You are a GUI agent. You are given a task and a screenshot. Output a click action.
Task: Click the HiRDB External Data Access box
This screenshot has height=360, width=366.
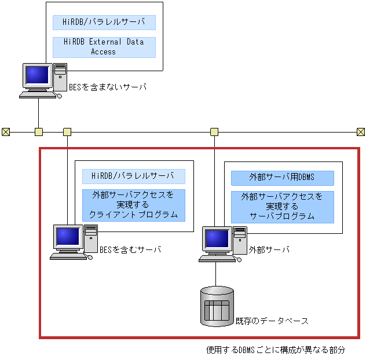point(104,47)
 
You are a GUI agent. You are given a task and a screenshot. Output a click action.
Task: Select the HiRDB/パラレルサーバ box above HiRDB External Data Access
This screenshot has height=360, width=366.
point(104,23)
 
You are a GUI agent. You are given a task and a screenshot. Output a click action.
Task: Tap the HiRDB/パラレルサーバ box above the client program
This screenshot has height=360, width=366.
point(133,176)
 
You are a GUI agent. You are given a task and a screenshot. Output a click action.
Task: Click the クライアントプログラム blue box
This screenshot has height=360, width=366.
point(133,205)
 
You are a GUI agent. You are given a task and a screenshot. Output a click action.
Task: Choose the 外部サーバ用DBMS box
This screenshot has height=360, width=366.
point(282,178)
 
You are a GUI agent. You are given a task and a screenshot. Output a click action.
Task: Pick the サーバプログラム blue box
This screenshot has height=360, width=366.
point(282,207)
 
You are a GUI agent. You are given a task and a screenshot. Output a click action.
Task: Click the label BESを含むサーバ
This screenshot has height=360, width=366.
point(130,249)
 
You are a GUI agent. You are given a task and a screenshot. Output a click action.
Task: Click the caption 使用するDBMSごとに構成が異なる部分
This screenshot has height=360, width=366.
point(276,350)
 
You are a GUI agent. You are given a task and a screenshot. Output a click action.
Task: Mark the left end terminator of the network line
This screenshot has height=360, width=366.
point(6,132)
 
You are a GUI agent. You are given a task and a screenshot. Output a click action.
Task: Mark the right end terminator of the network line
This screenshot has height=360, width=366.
point(361,132)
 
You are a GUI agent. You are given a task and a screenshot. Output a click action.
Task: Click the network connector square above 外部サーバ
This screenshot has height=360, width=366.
point(214,132)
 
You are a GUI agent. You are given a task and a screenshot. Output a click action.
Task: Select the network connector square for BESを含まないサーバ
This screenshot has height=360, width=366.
point(38,132)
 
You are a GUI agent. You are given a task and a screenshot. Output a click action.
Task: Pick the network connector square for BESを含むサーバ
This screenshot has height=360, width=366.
point(67,132)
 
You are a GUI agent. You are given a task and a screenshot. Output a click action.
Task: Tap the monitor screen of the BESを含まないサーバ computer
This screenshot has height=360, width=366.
point(37,75)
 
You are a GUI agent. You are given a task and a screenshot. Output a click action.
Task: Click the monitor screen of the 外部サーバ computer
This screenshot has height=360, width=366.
point(217,238)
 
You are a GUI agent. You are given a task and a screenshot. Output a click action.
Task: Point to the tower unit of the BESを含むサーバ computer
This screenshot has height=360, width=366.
point(91,238)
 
